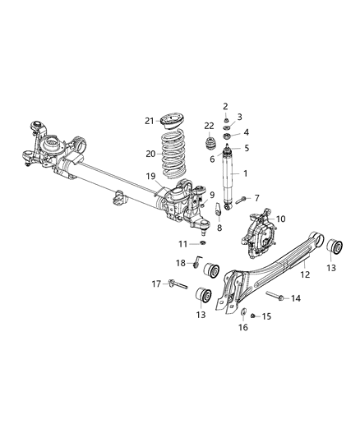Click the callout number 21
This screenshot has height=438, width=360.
pos(150,121)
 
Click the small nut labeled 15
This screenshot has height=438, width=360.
pos(253,315)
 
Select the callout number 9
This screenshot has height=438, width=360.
pos(211,195)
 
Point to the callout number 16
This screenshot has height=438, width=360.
pos(244,327)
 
